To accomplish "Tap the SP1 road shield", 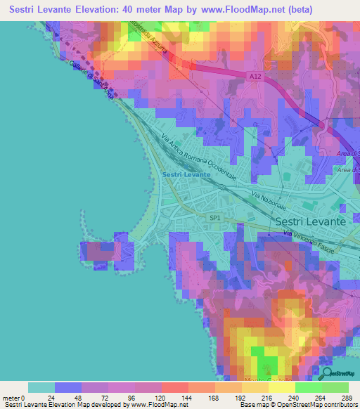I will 215,219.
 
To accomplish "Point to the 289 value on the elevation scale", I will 345,397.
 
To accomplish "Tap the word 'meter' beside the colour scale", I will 11,397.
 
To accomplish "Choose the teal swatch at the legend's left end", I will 41,387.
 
